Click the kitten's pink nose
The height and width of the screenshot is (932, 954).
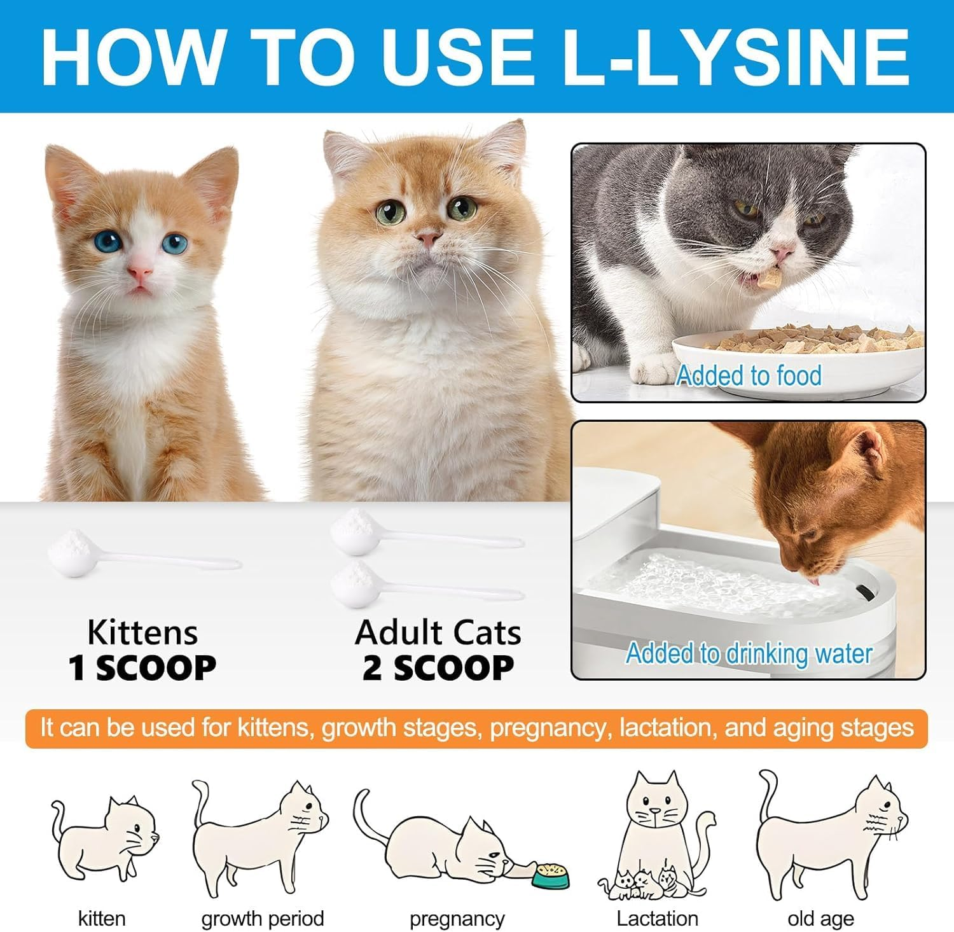pyautogui.click(x=139, y=274)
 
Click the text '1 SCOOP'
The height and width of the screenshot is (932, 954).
pyautogui.click(x=142, y=668)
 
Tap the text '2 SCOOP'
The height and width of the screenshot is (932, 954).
pyautogui.click(x=438, y=668)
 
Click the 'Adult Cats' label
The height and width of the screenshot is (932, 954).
pyautogui.click(x=438, y=632)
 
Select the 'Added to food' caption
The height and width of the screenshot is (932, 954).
pyautogui.click(x=748, y=375)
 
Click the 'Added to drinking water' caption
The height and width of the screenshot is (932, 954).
pyautogui.click(x=748, y=653)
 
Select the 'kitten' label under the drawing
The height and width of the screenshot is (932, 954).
pyautogui.click(x=102, y=919)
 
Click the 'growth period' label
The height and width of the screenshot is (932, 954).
pyautogui.click(x=263, y=919)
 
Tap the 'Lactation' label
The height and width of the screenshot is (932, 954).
pyautogui.click(x=657, y=919)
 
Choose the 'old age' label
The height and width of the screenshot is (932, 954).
pyautogui.click(x=820, y=919)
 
